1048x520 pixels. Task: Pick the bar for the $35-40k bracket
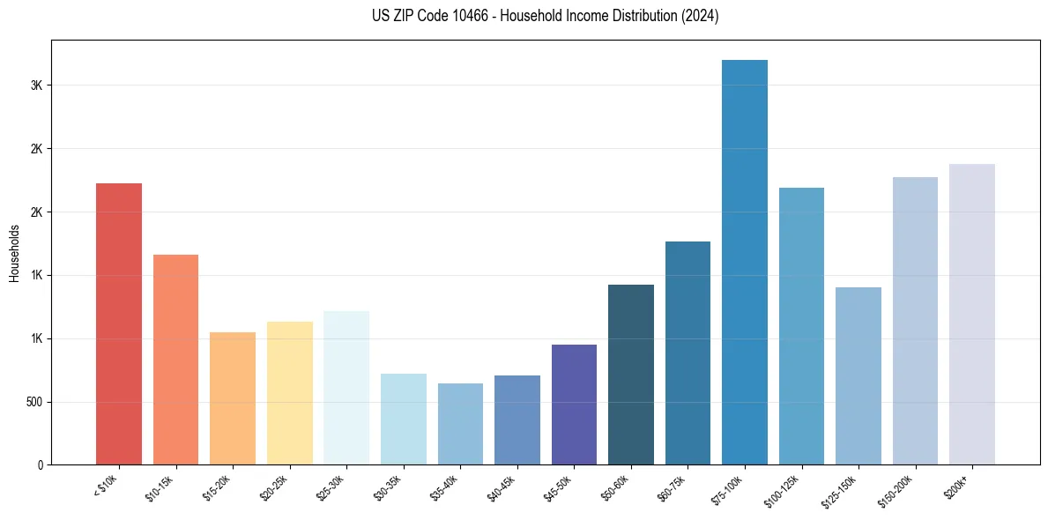click(460, 424)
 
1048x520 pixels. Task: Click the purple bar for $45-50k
click(574, 405)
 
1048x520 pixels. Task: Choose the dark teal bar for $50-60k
click(631, 375)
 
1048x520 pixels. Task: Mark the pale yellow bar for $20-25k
click(289, 393)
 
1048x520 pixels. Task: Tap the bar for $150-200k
click(915, 321)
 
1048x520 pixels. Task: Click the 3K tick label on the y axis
click(37, 85)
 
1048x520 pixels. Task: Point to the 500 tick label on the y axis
click(33, 402)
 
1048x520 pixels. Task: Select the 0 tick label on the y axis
click(41, 465)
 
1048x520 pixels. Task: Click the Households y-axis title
click(15, 253)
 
